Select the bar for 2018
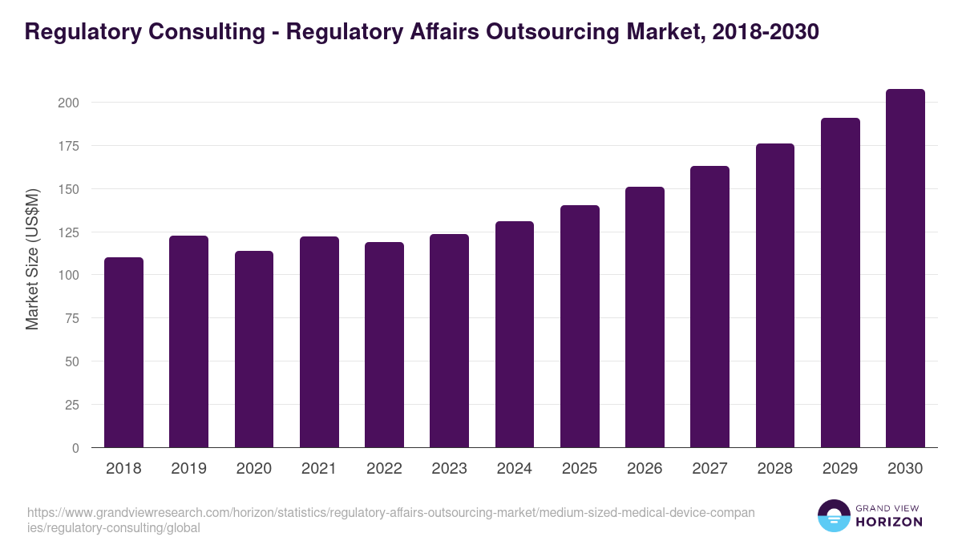[x=123, y=353]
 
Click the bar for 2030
[x=905, y=268]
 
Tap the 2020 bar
[x=254, y=349]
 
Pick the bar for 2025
[x=580, y=326]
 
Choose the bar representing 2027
[x=710, y=307]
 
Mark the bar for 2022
[x=384, y=345]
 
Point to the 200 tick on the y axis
[x=69, y=103]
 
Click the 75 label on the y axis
[x=72, y=318]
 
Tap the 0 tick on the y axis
[x=75, y=448]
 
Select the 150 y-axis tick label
[x=69, y=189]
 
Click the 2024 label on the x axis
[x=514, y=469]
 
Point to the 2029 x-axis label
[x=840, y=469]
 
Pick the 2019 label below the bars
[x=188, y=469]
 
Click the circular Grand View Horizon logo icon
[x=833, y=516]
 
